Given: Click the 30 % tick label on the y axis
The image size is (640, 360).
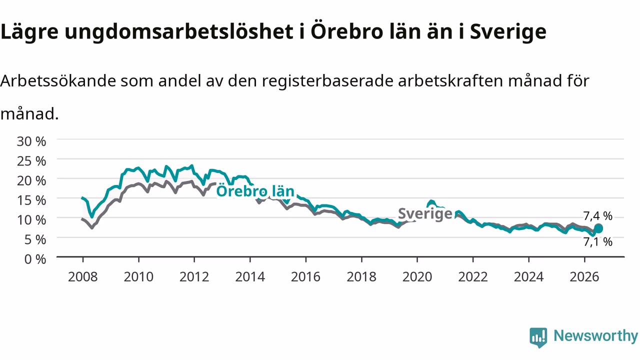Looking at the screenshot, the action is (31, 141).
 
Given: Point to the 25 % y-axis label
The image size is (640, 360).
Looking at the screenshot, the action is (31, 161).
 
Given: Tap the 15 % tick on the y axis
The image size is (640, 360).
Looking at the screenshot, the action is (31, 200).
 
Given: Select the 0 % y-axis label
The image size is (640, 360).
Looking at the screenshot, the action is (35, 259).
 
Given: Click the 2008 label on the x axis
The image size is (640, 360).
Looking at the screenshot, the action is (83, 277).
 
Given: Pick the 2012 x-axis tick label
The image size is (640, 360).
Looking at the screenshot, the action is (194, 277).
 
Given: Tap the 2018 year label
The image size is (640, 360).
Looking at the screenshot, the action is (361, 277).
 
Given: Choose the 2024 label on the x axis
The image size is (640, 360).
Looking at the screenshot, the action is (528, 277).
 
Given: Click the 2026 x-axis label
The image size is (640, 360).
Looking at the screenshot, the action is (584, 277).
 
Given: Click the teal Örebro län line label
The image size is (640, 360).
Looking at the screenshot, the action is (255, 191).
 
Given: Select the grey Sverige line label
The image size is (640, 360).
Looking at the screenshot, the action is (425, 213).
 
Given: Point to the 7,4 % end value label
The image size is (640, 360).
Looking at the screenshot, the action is (597, 216).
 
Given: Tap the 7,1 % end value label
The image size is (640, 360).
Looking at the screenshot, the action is (597, 242).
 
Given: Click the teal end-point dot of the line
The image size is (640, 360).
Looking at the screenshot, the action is (598, 228).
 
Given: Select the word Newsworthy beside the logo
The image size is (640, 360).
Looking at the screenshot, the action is (595, 336).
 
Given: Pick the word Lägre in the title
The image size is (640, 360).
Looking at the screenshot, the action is (29, 31).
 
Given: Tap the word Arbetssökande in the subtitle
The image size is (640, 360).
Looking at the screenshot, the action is (58, 81).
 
